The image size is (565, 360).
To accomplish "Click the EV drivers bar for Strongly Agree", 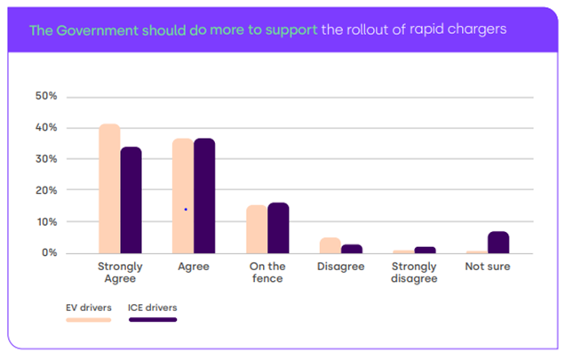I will pos(109,188).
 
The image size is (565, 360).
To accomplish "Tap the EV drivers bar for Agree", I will pos(183,196).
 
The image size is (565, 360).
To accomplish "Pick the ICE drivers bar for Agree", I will pos(204,196).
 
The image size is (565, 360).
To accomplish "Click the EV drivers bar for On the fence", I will pos(257,229).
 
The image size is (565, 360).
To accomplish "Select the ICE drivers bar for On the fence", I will pos(278,228).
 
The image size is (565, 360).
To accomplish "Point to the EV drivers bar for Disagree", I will pos(330,245).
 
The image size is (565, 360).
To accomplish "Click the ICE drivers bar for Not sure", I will pos(498,243).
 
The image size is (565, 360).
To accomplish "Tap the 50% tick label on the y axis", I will pos(45,96).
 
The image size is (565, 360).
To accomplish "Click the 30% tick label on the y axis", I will pos(45,159).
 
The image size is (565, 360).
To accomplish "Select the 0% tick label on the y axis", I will pos(48,253).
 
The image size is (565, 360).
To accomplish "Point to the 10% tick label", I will pos(45,222).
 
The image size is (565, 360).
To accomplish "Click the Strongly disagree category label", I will pos(415,272).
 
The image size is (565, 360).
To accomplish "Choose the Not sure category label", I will pos(488,267).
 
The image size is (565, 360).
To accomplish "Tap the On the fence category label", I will pos(267,272).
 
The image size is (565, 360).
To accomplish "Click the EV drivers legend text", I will pos(88,308).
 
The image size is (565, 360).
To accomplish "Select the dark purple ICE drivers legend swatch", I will pos(152,319).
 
